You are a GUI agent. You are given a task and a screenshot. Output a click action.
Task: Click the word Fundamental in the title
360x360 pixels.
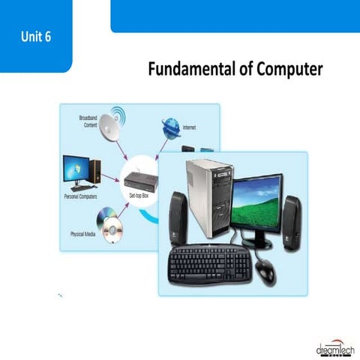coord(188,70)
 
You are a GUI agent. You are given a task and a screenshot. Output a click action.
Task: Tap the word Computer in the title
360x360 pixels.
coord(289,70)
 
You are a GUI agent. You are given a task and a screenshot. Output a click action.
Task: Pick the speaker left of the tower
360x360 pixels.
coord(177,218)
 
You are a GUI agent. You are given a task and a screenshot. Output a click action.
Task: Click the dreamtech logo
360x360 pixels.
coord(331,346)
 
